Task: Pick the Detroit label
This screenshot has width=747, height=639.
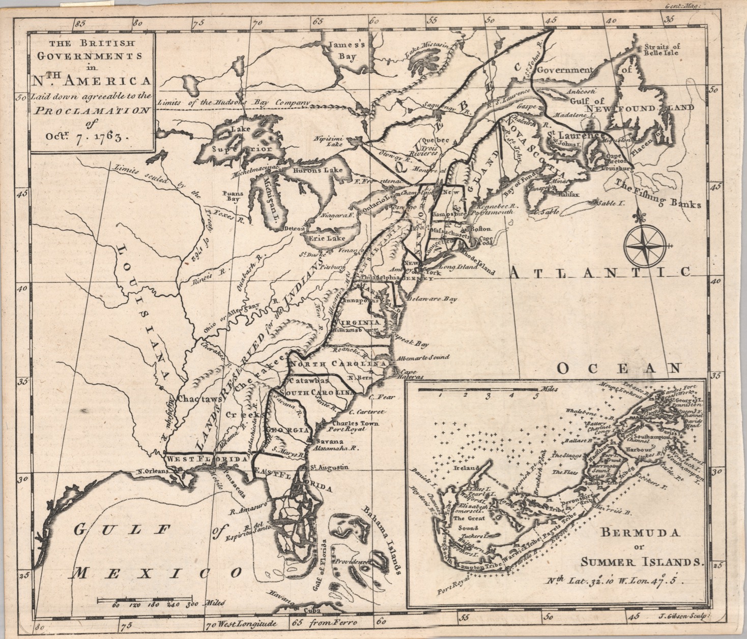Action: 295,228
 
